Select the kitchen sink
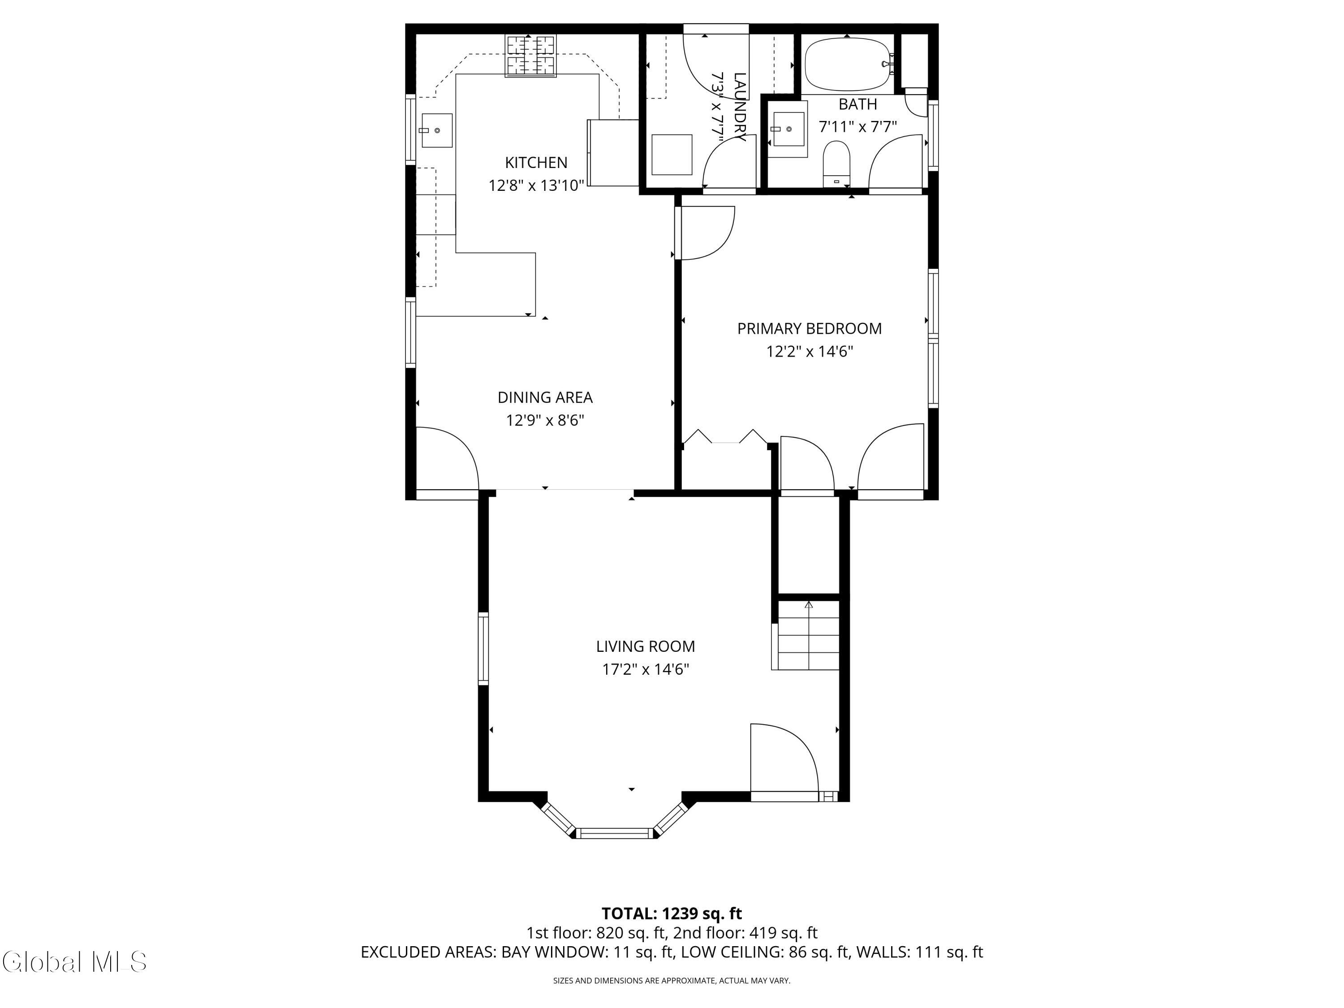tap(437, 130)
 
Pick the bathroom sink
tap(788, 129)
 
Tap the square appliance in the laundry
tap(672, 155)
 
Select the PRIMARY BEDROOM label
tap(810, 329)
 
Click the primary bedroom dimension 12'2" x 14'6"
tap(810, 352)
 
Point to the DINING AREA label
tap(545, 397)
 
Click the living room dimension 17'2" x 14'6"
tap(645, 670)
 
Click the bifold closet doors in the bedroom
tap(725, 437)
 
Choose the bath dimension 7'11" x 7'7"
tap(858, 127)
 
